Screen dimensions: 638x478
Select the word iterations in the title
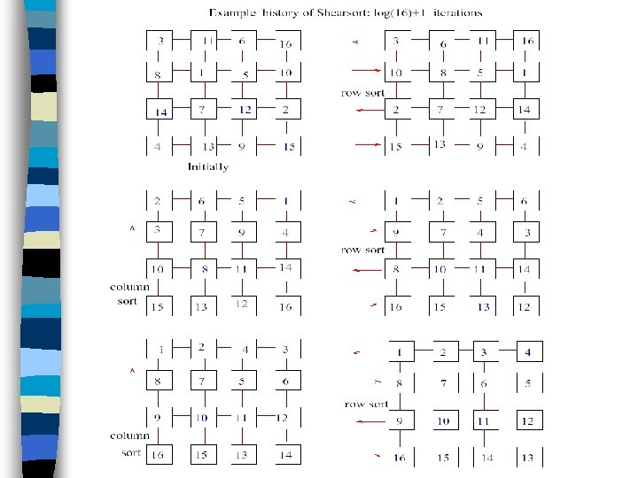[453, 12]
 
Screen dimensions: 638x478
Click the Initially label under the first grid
[207, 166]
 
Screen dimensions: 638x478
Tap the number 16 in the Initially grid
[285, 42]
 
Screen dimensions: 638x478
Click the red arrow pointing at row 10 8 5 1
[363, 72]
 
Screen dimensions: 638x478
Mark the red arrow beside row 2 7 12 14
[362, 110]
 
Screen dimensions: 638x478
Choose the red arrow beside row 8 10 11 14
[362, 267]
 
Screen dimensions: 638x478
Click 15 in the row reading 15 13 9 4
[396, 146]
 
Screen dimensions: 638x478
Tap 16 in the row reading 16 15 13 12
[396, 306]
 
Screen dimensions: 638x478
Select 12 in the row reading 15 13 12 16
[241, 305]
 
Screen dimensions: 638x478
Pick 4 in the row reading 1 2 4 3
[245, 349]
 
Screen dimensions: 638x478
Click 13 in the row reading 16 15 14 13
[527, 458]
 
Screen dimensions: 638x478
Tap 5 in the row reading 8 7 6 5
[527, 383]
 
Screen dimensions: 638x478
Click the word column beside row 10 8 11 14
[129, 286]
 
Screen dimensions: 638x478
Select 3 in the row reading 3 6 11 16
[396, 42]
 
